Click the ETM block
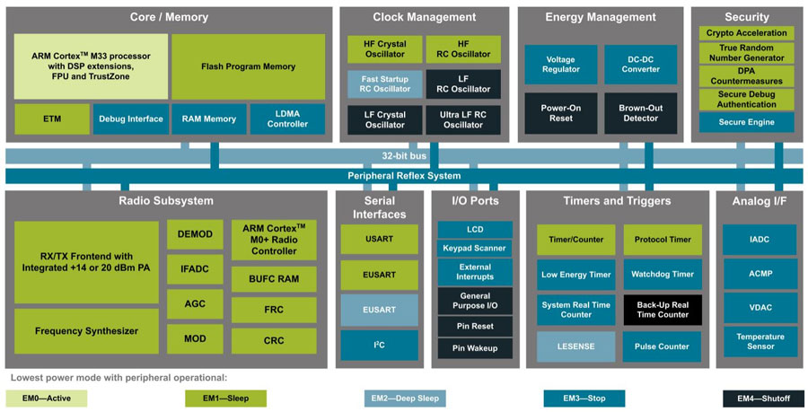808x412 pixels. point(52,118)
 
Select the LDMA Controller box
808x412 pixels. point(287,118)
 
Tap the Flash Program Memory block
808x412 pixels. point(248,66)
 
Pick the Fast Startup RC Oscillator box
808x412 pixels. point(385,83)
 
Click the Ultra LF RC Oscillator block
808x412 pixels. point(463,118)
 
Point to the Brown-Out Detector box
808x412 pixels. point(640,113)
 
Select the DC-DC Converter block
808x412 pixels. point(640,64)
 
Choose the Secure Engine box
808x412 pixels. point(746,122)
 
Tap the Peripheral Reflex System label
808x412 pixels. point(403,175)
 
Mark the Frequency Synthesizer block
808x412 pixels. point(86,331)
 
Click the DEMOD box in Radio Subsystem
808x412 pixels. point(195,234)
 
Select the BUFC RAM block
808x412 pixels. point(274,279)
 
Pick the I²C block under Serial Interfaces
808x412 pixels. point(379,345)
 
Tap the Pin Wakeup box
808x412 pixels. point(475,347)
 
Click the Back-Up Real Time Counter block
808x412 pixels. point(663,309)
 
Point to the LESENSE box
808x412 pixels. point(575,346)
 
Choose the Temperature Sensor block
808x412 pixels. point(760,340)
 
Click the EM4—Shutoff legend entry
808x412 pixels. point(762,398)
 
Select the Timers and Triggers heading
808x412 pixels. point(617,200)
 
